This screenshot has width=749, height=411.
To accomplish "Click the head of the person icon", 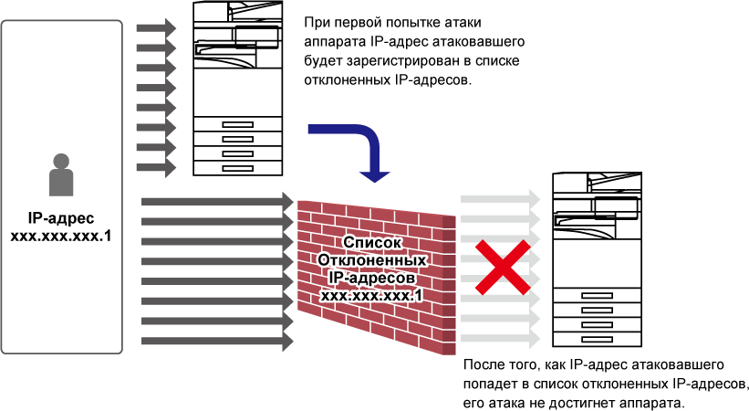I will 61,162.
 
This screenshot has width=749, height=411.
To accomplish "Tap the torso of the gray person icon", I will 61,183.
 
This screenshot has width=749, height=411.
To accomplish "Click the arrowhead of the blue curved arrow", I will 374,175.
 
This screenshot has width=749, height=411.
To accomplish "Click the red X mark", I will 502,268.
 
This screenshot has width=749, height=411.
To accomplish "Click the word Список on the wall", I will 372,243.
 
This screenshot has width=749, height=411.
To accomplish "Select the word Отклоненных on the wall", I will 372,260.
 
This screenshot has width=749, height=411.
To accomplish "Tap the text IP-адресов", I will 372,278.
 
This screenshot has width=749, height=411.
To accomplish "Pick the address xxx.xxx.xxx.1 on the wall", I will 372,295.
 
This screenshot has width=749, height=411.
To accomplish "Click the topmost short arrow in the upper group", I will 155,28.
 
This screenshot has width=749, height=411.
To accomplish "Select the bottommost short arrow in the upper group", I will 155,168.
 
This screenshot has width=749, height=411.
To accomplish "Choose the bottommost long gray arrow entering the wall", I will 217,342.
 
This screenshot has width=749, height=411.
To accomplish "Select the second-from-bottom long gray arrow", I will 217,321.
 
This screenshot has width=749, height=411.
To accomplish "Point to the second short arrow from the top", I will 155,48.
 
